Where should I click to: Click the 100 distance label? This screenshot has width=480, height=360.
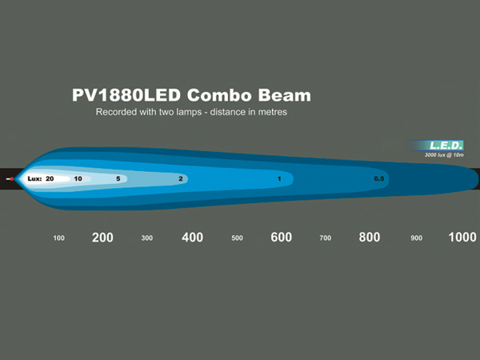coord(58,238)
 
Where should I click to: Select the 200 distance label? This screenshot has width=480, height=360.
coord(102,238)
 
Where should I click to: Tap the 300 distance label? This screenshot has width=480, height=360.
coord(147,238)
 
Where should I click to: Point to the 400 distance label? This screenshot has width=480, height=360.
coord(192,238)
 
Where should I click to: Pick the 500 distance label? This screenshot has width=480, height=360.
coord(238,238)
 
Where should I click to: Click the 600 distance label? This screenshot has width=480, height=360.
coord(282,238)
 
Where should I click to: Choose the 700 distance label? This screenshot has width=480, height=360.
coord(326,238)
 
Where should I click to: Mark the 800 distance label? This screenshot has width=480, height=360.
coord(370,238)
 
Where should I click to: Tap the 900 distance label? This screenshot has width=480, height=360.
coord(416,238)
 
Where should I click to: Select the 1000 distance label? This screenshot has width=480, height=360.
coord(462,238)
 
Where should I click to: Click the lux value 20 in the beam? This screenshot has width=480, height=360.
coord(50,178)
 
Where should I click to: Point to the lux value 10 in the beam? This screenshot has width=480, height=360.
coord(78,178)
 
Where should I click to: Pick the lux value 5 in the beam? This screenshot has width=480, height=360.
coord(118,178)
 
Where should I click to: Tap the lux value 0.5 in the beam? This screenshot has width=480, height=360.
coord(379,178)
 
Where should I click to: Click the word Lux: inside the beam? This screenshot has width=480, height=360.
coord(34,178)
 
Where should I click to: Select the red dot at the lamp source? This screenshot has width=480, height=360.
coord(12,179)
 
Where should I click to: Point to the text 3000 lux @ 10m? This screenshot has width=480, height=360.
coord(444,155)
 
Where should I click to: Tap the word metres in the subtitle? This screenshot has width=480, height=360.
coord(273,112)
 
